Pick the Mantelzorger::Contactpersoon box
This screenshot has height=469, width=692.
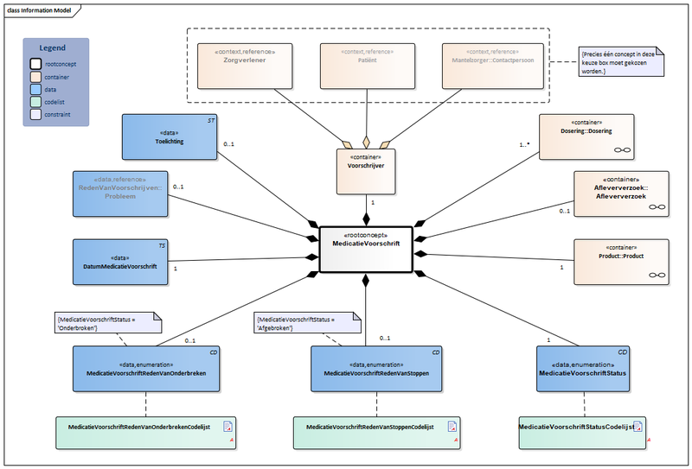click(493, 67)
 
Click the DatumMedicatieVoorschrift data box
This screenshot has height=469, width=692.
click(120, 262)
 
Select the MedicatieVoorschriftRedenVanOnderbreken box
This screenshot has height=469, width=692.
click(145, 370)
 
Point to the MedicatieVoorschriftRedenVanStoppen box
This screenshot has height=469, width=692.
click(376, 370)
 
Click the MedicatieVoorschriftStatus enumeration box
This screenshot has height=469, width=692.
click(584, 370)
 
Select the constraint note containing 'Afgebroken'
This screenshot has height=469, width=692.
click(307, 322)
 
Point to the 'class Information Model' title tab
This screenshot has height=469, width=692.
click(39, 9)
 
